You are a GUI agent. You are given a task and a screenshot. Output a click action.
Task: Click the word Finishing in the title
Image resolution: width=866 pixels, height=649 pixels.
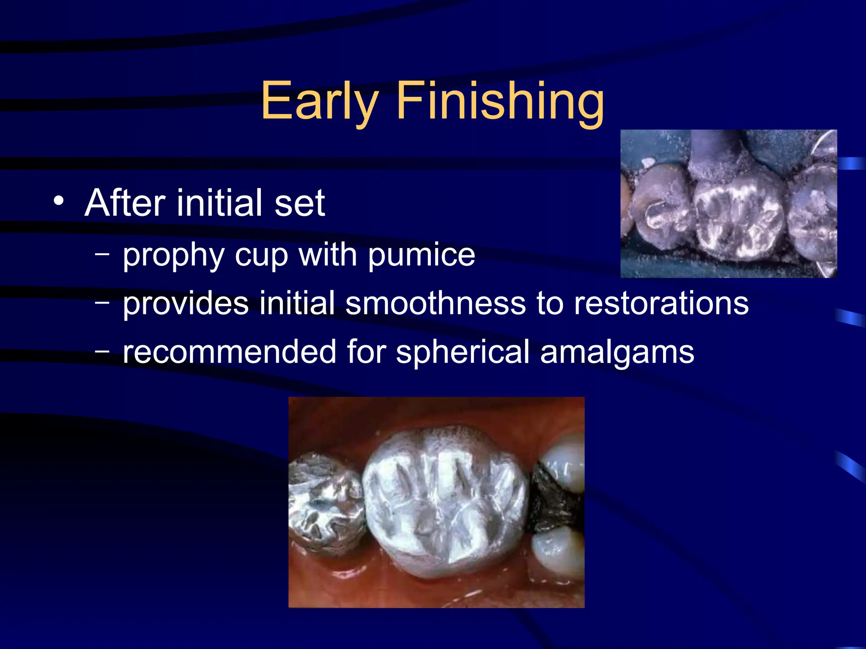click(500, 101)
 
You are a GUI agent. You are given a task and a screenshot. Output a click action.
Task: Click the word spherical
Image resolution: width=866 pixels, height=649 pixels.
click(463, 352)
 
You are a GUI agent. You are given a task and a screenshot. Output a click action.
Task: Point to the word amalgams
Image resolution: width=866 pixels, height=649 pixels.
click(617, 352)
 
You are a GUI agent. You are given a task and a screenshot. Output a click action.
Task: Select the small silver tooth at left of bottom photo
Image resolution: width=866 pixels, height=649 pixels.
click(326, 503)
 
